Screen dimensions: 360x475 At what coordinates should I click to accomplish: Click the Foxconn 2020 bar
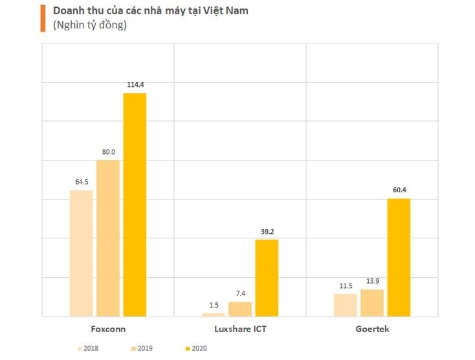pyautogui.click(x=135, y=205)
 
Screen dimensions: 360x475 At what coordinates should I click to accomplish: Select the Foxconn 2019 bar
pyautogui.click(x=108, y=238)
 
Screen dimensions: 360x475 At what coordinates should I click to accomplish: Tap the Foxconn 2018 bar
pyautogui.click(x=82, y=253)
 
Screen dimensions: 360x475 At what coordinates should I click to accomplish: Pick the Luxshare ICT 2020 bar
pyautogui.click(x=267, y=278)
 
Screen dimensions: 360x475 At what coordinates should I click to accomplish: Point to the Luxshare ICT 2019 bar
pyautogui.click(x=240, y=309)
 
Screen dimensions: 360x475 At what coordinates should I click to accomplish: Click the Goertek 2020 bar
pyautogui.click(x=399, y=257)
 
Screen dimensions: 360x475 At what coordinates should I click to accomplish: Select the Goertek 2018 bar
pyautogui.click(x=346, y=305)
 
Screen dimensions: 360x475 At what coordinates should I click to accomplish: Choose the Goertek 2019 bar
pyautogui.click(x=372, y=302)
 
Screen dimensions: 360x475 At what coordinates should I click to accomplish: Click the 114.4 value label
pyautogui.click(x=135, y=84)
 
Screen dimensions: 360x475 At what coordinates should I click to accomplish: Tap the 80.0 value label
pyautogui.click(x=108, y=152)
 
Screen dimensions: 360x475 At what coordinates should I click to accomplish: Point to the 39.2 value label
pyautogui.click(x=267, y=231)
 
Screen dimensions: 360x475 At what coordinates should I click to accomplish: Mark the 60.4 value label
pyautogui.click(x=399, y=190)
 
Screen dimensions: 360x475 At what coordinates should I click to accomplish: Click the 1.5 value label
pyautogui.click(x=214, y=305)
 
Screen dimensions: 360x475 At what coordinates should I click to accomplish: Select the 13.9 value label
pyautogui.click(x=372, y=281)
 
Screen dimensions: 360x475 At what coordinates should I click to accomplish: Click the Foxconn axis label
pyautogui.click(x=108, y=329)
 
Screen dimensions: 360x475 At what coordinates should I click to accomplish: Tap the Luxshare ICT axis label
pyautogui.click(x=240, y=329)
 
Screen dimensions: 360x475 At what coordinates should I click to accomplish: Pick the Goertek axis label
pyautogui.click(x=372, y=329)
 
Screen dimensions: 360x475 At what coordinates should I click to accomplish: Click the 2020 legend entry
pyautogui.click(x=196, y=349)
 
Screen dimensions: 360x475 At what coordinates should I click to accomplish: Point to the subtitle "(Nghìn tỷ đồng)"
pyautogui.click(x=89, y=26)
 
